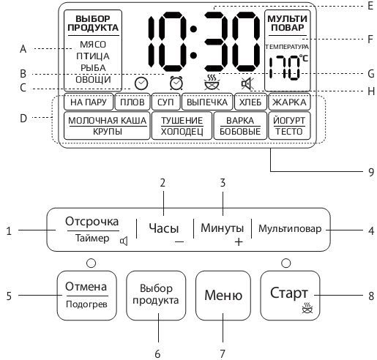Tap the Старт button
290,296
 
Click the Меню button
223,296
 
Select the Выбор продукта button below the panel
156,296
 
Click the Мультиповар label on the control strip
290,229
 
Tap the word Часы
164,228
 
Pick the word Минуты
222,228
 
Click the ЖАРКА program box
289,102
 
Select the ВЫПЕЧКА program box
207,102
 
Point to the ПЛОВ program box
132,102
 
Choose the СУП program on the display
165,102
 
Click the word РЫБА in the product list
93,68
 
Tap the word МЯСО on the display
93,45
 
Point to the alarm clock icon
176,83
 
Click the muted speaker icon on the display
247,83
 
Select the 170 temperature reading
285,67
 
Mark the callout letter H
371,91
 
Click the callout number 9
371,172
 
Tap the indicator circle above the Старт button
286,263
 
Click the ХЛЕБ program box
250,102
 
